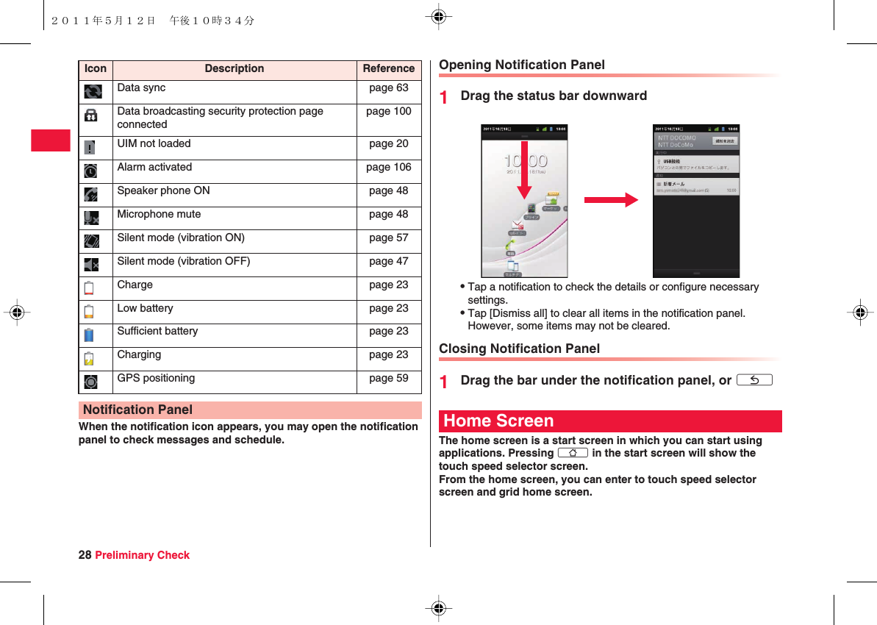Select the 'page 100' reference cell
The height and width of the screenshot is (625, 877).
pos(388,111)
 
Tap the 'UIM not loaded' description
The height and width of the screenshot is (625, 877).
pos(154,143)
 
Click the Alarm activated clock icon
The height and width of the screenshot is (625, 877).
pos(90,171)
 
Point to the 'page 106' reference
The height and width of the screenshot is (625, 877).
pos(388,167)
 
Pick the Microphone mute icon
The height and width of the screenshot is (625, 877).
pos(91,218)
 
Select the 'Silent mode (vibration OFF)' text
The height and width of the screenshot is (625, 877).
pos(183,261)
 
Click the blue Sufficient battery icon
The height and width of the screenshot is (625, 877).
pos(89,335)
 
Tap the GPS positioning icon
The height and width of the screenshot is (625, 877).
pos(90,382)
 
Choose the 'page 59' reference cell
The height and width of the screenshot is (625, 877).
pos(388,378)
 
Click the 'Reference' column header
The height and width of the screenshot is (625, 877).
pos(388,68)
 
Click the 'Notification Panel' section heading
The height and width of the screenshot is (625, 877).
pos(138,410)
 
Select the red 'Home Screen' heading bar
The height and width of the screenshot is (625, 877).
pos(609,421)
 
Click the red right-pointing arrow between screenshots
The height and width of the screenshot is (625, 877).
pos(611,199)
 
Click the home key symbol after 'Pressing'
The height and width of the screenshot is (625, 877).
pos(573,453)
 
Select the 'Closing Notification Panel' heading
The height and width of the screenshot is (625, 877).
pos(519,349)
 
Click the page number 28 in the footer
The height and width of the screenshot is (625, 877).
pos(85,555)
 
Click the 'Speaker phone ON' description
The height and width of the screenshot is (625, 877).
pos(163,190)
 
